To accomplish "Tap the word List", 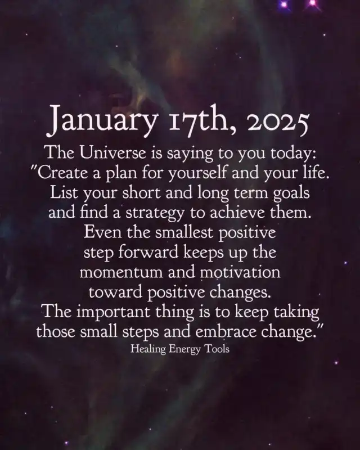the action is [64, 192].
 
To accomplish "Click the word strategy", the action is [155, 213].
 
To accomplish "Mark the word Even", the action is [102, 232].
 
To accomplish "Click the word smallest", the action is [184, 232].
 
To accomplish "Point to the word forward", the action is [148, 251].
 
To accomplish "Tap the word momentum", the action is [121, 272].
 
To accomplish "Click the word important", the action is [113, 312].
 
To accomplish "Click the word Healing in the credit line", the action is [148, 349].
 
